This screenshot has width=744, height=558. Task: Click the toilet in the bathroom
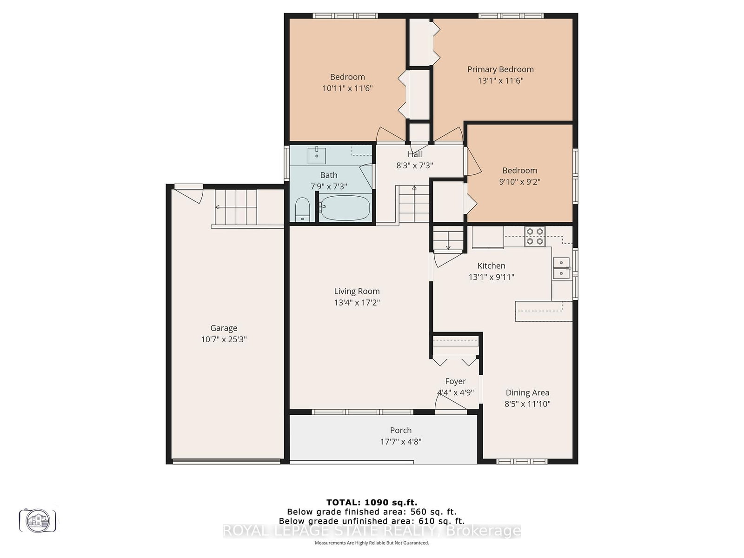(303, 210)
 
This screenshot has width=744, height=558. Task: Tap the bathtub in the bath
(345, 207)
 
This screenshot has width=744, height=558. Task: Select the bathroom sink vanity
(316, 155)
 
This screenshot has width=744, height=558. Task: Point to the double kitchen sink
(561, 268)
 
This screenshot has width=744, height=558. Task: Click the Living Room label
(357, 292)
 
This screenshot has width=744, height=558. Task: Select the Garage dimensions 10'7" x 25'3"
(224, 339)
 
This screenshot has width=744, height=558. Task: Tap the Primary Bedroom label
(500, 69)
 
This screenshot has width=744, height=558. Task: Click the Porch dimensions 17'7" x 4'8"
(400, 442)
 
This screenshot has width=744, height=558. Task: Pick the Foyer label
(455, 381)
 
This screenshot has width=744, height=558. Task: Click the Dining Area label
(527, 393)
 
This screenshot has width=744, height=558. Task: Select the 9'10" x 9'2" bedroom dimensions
(519, 182)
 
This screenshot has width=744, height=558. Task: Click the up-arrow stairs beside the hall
(413, 204)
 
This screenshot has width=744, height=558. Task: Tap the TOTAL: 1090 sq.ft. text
(372, 502)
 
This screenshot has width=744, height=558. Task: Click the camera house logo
(38, 520)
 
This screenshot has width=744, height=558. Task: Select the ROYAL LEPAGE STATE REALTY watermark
(372, 531)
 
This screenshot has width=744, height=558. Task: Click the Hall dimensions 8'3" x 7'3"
(414, 165)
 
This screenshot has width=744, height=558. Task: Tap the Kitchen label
(491, 266)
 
